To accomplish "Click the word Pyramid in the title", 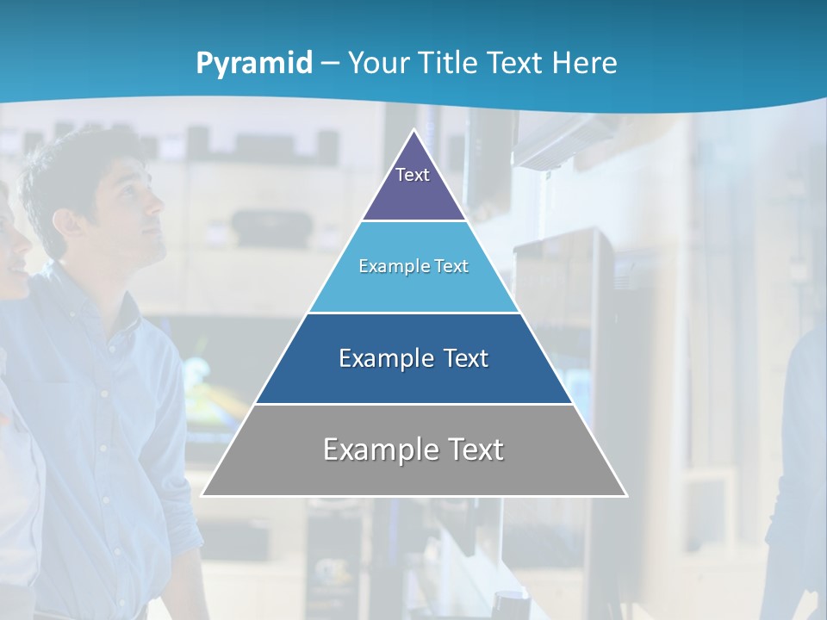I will click(254, 64).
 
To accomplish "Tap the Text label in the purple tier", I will click(413, 175).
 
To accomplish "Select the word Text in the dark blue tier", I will click(465, 358).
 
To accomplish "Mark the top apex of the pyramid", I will click(414, 130).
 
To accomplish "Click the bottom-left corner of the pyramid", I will click(202, 495).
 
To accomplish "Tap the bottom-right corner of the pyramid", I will click(626, 495).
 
